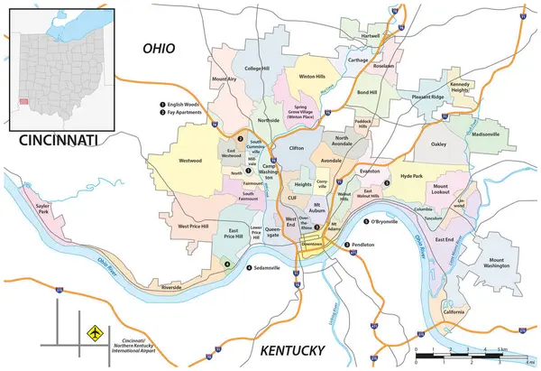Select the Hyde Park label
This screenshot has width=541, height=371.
tap(411, 177)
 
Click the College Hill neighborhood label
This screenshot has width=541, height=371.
tap(257, 68)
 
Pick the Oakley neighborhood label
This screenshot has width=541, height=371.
tap(438, 144)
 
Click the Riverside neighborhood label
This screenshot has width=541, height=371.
tap(170, 286)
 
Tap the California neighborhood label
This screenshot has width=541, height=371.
tap(454, 312)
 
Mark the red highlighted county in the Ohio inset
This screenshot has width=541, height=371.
tap(23, 102)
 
